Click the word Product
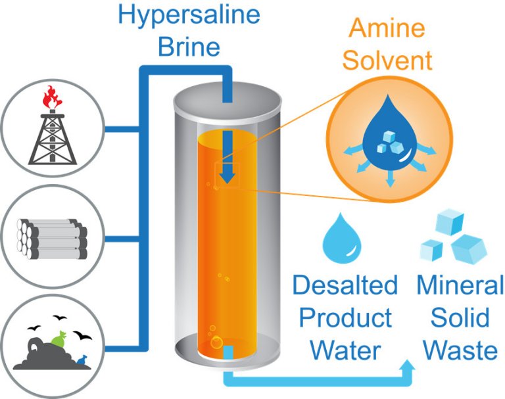345,318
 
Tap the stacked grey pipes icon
52,236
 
